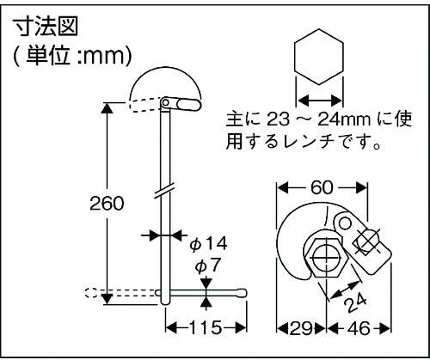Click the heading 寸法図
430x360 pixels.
(46, 27)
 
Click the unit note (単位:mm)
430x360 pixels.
(73, 55)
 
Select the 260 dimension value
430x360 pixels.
(107, 204)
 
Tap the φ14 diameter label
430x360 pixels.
(208, 244)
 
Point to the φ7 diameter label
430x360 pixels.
(207, 265)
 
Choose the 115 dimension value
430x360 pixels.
(206, 327)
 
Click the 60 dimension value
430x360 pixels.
(322, 187)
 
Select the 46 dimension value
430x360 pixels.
(359, 328)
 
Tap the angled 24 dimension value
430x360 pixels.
(356, 302)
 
